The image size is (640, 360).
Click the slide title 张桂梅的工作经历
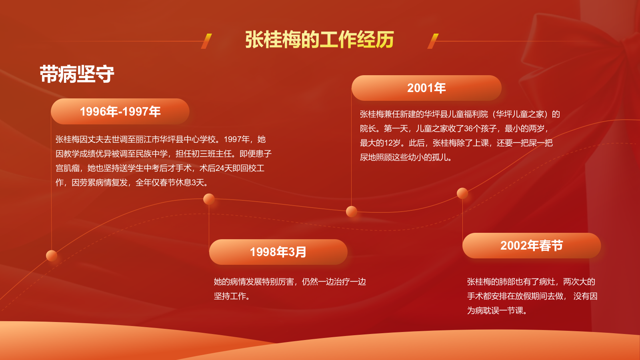(x=320, y=40)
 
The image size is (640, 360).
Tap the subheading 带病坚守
(x=77, y=74)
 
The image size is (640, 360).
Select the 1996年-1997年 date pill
(x=120, y=112)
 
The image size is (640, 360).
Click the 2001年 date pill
(x=426, y=88)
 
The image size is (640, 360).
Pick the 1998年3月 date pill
(x=278, y=252)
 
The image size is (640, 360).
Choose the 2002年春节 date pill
(x=532, y=246)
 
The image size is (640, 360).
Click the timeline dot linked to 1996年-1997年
(x=52, y=256)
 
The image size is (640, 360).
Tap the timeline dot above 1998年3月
(x=209, y=199)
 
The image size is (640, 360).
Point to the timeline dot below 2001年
(x=352, y=211)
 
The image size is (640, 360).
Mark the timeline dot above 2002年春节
(x=462, y=193)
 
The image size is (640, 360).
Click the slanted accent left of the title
(x=206, y=41)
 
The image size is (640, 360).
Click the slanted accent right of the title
(x=433, y=41)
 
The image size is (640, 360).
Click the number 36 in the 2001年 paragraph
(x=468, y=129)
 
